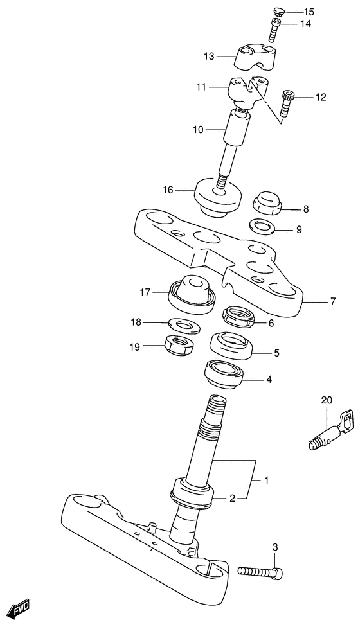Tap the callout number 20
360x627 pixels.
(x=327, y=400)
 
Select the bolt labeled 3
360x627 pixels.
(x=260, y=572)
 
